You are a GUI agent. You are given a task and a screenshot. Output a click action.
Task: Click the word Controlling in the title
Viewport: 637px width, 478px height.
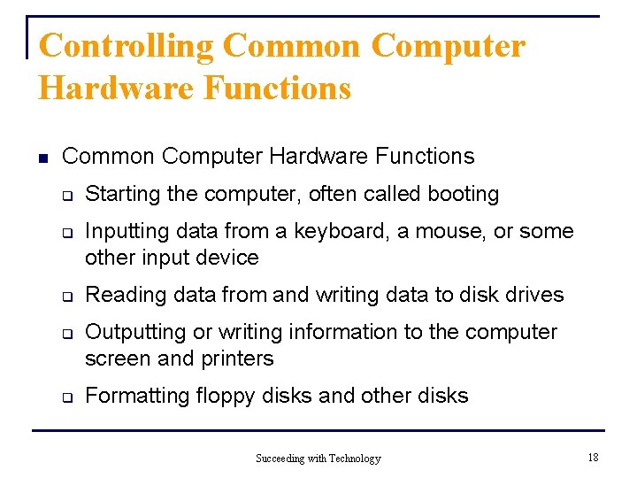coord(127,46)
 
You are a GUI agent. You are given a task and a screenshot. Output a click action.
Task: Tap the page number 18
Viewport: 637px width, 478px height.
coord(593,457)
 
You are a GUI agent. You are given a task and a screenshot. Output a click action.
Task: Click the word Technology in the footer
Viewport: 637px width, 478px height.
coord(355,459)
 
